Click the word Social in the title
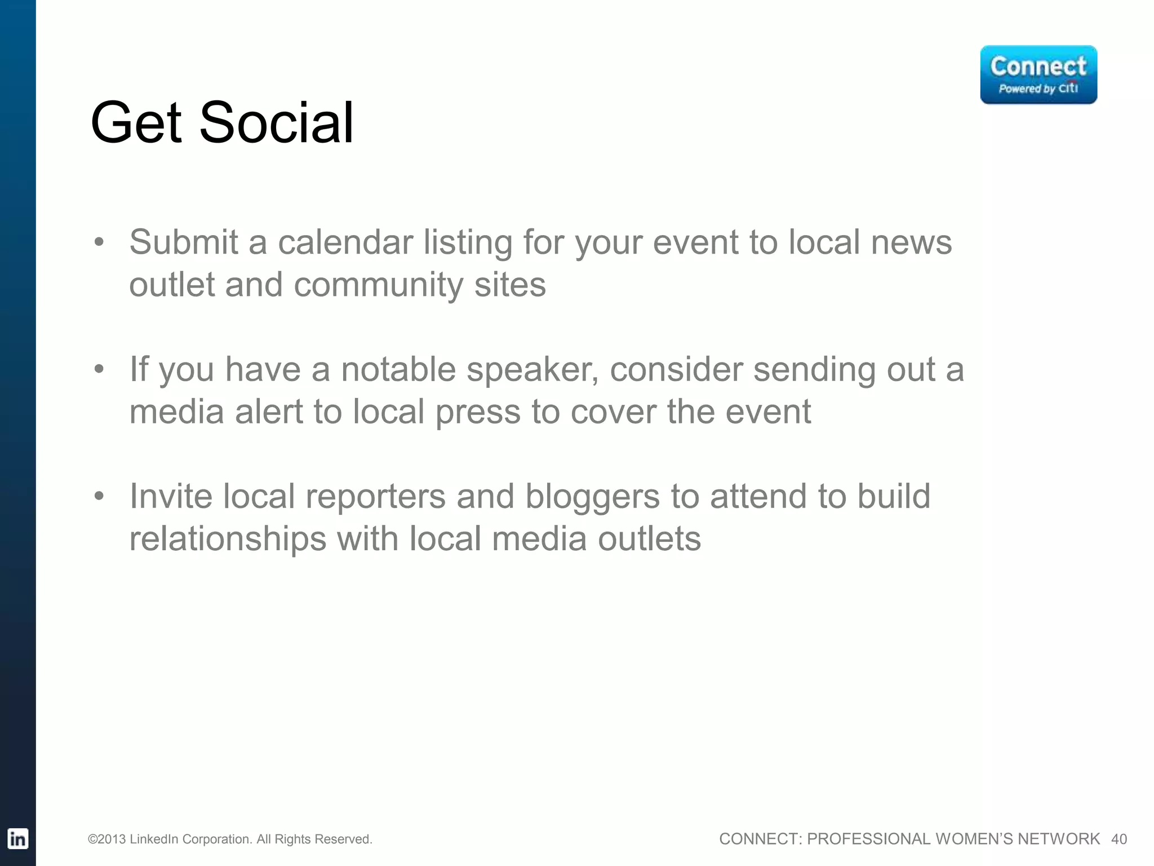(276, 122)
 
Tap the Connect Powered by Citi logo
(1038, 75)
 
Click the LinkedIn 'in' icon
(17, 839)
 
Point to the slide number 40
(1119, 840)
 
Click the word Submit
(184, 242)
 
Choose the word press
(478, 412)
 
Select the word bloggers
(592, 497)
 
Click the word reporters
(375, 497)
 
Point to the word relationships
(228, 539)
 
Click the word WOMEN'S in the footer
(974, 840)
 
